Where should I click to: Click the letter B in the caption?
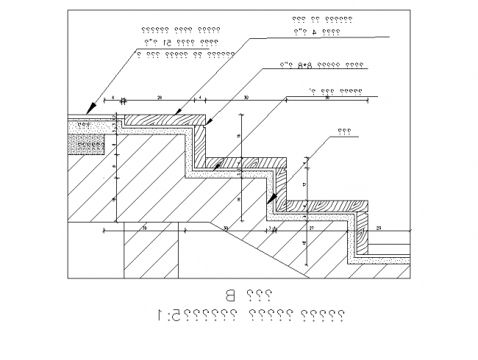pyautogui.click(x=230, y=297)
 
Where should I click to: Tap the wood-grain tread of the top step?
pyautogui.click(x=165, y=118)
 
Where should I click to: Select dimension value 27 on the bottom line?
pyautogui.click(x=311, y=229)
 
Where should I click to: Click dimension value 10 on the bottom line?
pyautogui.click(x=144, y=229)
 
